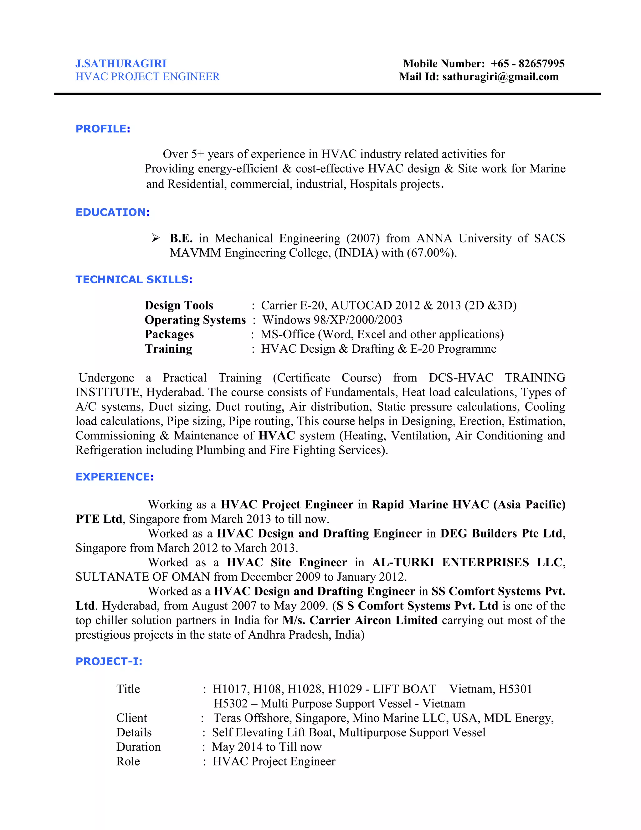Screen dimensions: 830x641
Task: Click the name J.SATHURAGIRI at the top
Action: (x=121, y=64)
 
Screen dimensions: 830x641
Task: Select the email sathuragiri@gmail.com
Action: (x=500, y=77)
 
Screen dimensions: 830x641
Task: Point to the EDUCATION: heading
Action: (x=113, y=212)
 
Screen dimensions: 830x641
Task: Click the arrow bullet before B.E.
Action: (x=156, y=238)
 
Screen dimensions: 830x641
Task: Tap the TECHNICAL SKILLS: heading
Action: (x=134, y=279)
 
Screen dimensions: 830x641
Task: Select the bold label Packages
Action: (x=169, y=334)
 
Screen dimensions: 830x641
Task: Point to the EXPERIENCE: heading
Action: (x=115, y=477)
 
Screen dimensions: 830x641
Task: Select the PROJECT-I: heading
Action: (x=109, y=661)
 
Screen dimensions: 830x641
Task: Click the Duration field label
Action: (x=138, y=747)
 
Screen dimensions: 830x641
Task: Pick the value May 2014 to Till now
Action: (x=267, y=747)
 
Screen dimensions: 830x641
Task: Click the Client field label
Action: (x=131, y=718)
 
